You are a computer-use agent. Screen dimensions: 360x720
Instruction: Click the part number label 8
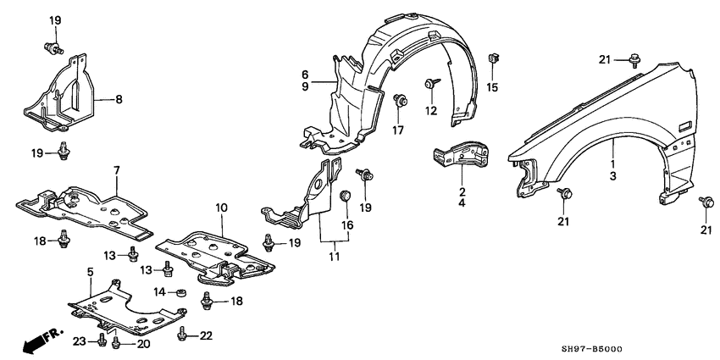(119, 100)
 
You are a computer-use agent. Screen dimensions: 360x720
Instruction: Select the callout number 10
(221, 208)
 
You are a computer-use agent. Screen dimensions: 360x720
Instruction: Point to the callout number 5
(89, 272)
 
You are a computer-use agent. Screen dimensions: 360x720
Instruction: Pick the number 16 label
(346, 225)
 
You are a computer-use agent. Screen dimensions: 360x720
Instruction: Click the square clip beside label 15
(492, 60)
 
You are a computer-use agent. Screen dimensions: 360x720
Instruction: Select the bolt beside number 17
(399, 101)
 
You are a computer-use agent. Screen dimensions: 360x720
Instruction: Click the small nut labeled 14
(180, 292)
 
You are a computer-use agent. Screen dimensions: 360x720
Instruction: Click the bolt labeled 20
(118, 342)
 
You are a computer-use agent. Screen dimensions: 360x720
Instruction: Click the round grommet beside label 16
(345, 198)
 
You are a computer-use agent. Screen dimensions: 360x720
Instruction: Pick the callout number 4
(462, 203)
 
